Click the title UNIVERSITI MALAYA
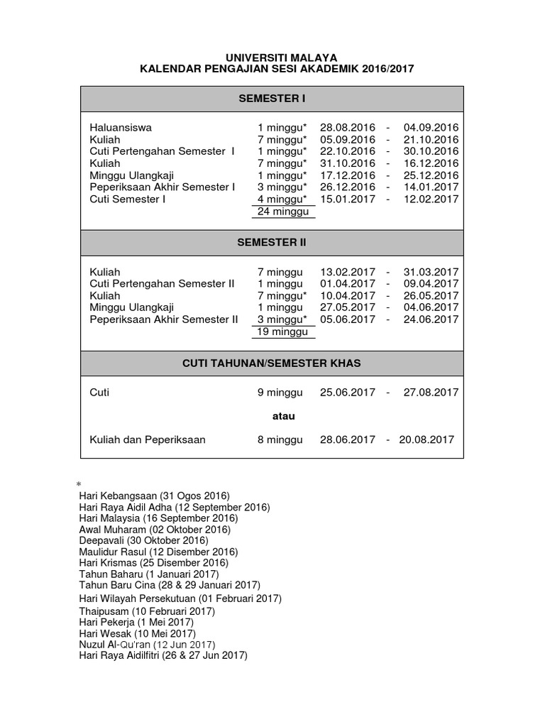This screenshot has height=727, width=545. click(272, 57)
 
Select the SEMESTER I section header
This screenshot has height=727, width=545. click(272, 98)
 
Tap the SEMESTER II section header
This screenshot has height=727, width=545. click(272, 242)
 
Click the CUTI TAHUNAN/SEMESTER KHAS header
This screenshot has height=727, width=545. click(272, 363)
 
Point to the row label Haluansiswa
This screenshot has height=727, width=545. click(121, 128)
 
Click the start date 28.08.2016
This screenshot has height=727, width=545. click(348, 128)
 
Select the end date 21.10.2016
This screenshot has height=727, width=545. click(431, 140)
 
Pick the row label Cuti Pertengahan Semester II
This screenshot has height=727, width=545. click(162, 284)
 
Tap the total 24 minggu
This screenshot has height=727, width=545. click(280, 212)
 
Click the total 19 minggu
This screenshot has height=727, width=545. click(280, 332)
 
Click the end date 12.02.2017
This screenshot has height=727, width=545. click(431, 199)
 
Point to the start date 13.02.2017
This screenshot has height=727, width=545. click(348, 272)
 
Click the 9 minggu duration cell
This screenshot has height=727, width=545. click(280, 392)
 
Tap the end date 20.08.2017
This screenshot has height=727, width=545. click(426, 439)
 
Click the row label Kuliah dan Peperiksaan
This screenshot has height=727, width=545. click(148, 439)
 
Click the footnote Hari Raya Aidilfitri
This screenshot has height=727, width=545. click(163, 656)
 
